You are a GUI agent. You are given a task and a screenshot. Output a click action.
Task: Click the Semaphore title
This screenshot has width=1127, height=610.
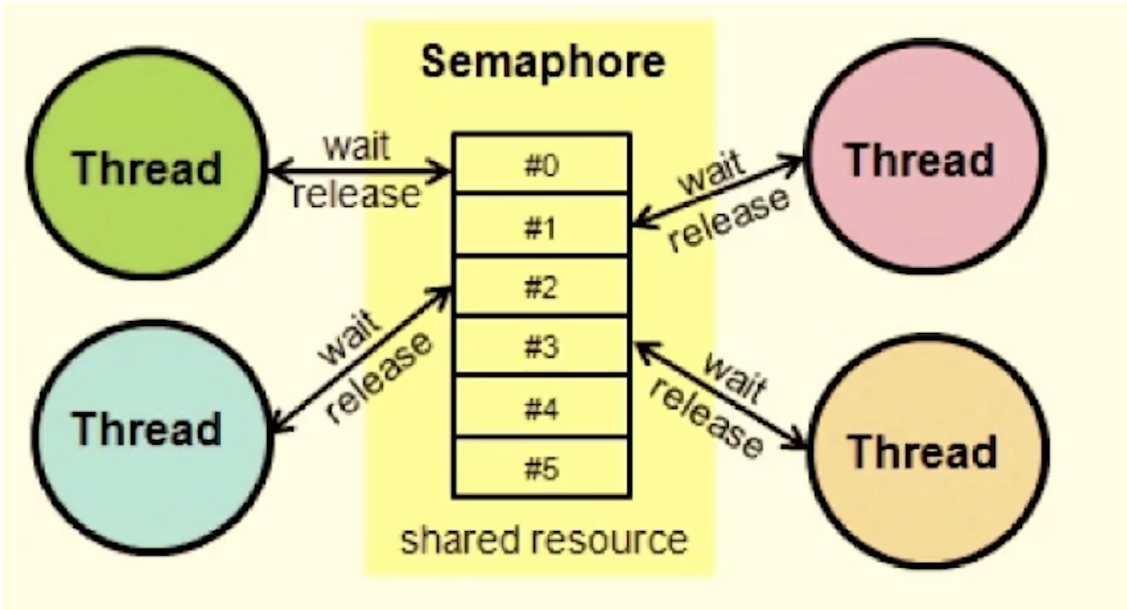click(x=542, y=61)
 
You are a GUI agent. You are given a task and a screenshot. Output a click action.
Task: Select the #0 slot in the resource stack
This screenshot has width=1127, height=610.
click(x=541, y=165)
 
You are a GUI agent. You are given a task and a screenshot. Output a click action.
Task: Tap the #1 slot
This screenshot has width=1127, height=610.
click(x=541, y=226)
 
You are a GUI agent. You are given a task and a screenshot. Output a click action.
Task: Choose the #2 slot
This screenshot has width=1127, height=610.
click(x=541, y=287)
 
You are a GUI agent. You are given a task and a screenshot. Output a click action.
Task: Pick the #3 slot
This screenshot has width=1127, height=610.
click(x=541, y=347)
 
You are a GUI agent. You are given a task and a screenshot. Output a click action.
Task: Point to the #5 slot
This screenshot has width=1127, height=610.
click(x=541, y=468)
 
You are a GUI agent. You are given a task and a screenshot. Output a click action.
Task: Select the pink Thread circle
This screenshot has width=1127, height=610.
click(x=920, y=160)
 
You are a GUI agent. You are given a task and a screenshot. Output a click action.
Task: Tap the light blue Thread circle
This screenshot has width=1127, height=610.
click(x=147, y=429)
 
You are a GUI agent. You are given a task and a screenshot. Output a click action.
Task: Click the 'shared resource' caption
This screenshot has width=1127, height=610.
click(x=543, y=539)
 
